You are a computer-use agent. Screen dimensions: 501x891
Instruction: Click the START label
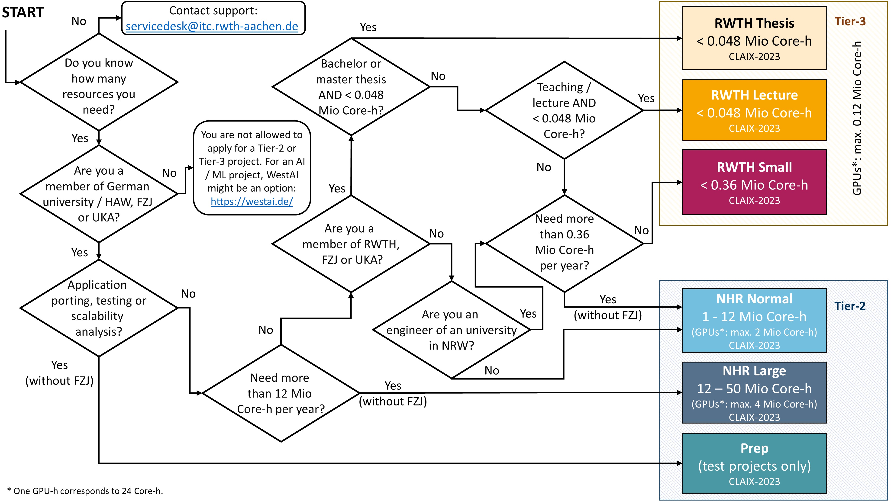pyautogui.click(x=23, y=13)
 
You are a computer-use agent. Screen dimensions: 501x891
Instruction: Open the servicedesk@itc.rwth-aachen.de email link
pyautogui.click(x=212, y=26)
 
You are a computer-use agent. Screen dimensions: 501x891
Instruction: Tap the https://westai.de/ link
pyautogui.click(x=252, y=201)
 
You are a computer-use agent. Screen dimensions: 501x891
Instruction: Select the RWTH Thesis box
pyautogui.click(x=754, y=38)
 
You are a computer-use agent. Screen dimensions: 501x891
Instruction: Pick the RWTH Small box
pyautogui.click(x=754, y=182)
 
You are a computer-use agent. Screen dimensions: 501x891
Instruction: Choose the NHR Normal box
pyautogui.click(x=754, y=321)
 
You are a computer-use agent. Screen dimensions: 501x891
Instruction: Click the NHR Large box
pyautogui.click(x=754, y=392)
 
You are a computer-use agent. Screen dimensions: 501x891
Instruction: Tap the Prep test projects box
pyautogui.click(x=754, y=463)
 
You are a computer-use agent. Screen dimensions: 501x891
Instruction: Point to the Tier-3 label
pyautogui.click(x=850, y=21)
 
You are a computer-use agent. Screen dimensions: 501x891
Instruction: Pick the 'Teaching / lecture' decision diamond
pyautogui.click(x=564, y=110)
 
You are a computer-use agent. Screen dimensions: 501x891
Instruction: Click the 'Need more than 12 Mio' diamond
pyautogui.click(x=281, y=393)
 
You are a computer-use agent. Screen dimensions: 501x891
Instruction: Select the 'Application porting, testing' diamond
pyautogui.click(x=99, y=308)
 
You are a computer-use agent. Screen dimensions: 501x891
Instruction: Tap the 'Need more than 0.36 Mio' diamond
pyautogui.click(x=564, y=243)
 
